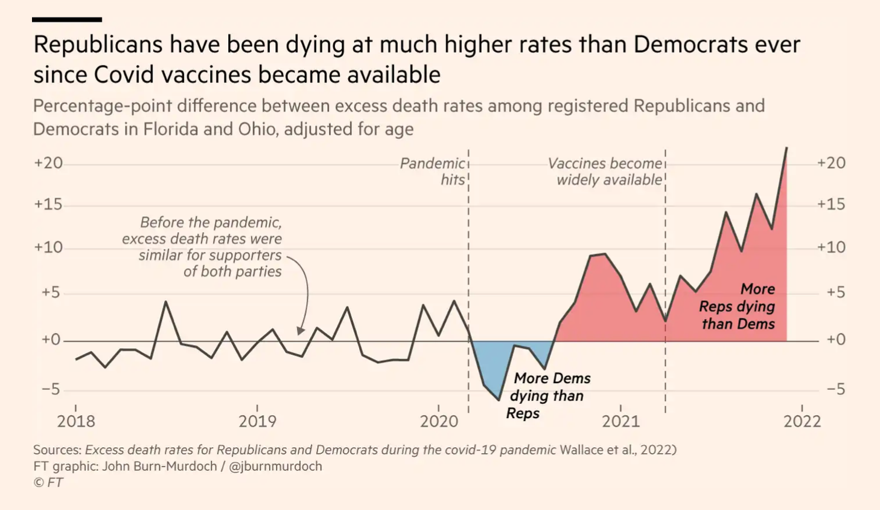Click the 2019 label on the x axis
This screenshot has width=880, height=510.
pos(257,421)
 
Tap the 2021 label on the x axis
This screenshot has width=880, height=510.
pos(620,421)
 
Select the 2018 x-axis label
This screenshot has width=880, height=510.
pos(76,421)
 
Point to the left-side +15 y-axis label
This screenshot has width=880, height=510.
pos(48,204)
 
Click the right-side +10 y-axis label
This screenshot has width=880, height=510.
pos(831,247)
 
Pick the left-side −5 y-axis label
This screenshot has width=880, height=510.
pos(51,389)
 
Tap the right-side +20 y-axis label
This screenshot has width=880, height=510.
pos(831,163)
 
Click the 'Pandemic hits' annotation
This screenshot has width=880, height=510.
pos(433,172)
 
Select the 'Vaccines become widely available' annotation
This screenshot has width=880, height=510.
pos(605,172)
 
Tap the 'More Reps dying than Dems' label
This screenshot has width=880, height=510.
pos(738,306)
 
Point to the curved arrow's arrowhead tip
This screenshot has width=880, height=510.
pos(300,334)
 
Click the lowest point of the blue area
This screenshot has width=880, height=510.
pos(499,399)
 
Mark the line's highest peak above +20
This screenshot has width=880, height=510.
pos(786,147)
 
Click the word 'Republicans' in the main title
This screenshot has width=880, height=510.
pos(98,45)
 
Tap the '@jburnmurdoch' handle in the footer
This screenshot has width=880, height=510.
pos(275,466)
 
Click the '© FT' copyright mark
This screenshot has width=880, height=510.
pos(48,482)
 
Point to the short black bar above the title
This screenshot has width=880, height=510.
pos(67,20)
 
